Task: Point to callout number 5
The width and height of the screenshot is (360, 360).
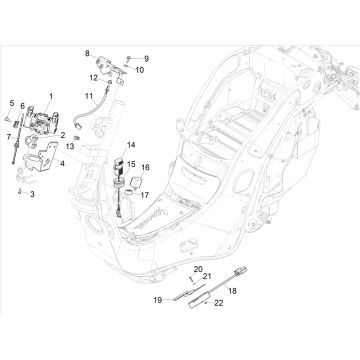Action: point(12,103)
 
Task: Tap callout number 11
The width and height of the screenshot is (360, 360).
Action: point(88,95)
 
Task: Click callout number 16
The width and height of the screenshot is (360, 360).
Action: point(146,167)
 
